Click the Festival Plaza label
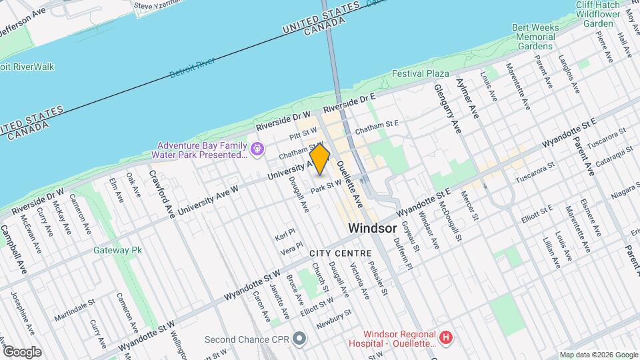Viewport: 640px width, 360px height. (420, 73)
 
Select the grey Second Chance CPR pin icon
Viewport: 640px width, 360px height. (299, 339)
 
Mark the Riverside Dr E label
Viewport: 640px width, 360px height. (350, 103)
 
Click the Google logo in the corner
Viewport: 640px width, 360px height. (22, 352)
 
